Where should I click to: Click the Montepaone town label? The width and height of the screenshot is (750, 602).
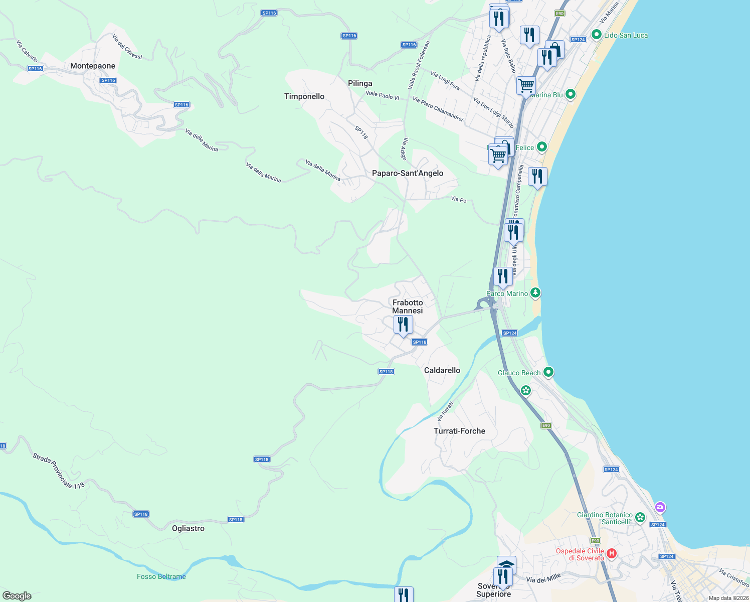click(93, 66)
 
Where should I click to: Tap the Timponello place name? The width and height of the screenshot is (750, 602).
click(304, 96)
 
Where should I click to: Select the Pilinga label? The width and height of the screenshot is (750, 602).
click(360, 83)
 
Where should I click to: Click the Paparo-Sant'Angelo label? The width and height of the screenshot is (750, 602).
click(408, 173)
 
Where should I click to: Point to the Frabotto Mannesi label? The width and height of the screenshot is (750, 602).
click(408, 307)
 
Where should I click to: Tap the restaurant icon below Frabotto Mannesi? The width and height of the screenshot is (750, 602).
click(403, 325)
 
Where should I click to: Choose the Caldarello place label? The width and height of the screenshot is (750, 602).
click(442, 370)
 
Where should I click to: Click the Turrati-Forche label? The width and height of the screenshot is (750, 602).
click(459, 431)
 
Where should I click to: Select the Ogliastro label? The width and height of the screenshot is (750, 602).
click(188, 528)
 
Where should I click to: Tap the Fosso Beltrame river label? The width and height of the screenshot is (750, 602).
click(161, 576)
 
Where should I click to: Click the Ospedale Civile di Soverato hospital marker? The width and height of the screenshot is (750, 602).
click(612, 554)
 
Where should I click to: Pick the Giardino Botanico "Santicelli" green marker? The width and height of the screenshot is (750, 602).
click(640, 517)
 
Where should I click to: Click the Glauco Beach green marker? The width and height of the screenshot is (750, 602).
click(548, 372)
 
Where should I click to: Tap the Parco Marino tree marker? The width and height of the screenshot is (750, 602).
click(536, 292)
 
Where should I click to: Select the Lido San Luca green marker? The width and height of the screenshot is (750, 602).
click(596, 35)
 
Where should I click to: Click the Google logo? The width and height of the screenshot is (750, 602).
click(17, 596)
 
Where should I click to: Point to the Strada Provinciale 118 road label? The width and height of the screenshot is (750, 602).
click(59, 471)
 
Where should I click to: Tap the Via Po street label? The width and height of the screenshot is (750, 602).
click(459, 200)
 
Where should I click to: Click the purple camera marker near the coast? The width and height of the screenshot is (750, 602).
click(660, 507)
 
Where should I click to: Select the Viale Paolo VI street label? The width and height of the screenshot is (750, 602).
click(383, 95)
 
